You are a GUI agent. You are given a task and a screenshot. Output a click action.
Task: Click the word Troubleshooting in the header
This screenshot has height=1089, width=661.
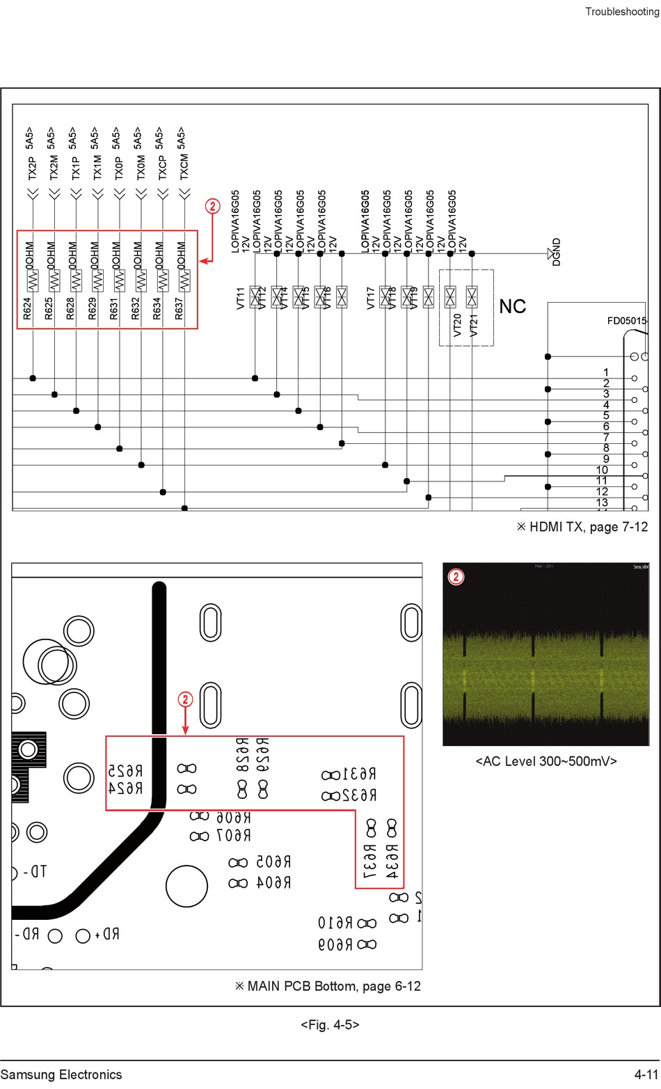(621, 12)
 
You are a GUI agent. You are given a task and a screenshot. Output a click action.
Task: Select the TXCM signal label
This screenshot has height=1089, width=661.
(184, 168)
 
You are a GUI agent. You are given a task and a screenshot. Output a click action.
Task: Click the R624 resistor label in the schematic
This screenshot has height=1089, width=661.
(27, 309)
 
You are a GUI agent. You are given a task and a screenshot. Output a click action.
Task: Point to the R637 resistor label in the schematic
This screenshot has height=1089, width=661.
(179, 309)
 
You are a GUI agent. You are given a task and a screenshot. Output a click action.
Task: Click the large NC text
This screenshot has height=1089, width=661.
(512, 307)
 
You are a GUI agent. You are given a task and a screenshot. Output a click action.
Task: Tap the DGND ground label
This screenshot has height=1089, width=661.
(556, 252)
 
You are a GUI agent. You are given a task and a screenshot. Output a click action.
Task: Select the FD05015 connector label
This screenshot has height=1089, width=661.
(626, 321)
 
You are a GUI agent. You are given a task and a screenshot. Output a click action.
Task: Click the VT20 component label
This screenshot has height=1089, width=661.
(457, 325)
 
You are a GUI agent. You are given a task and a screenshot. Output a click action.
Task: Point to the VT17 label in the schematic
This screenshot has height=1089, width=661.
(370, 298)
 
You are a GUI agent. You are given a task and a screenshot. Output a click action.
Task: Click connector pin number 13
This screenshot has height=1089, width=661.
(602, 502)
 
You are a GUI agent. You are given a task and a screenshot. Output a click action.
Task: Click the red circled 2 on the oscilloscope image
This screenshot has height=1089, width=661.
(456, 577)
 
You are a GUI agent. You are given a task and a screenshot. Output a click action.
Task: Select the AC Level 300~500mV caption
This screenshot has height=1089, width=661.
(546, 761)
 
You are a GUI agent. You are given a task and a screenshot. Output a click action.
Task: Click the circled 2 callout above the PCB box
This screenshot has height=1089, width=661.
(185, 699)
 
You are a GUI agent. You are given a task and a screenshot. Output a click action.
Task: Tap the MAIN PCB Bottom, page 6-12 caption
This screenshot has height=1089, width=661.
(327, 986)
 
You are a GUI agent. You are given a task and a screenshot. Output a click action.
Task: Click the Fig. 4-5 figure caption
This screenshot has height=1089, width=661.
(330, 1024)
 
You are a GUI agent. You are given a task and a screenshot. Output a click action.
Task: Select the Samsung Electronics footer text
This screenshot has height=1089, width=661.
(61, 1074)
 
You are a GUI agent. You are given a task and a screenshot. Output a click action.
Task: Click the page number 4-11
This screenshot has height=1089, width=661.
(645, 1074)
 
